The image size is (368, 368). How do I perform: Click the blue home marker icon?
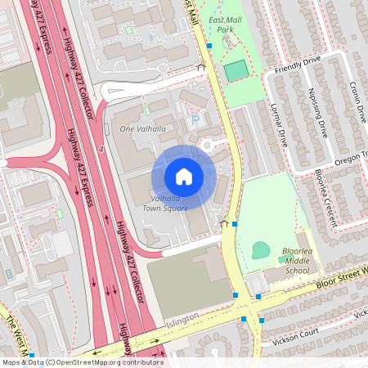pyautogui.click(x=183, y=177)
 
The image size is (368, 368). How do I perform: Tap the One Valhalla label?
pyautogui.click(x=137, y=129)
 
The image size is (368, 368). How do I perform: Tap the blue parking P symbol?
pyautogui.click(x=195, y=120)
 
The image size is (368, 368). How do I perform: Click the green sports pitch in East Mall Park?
pyautogui.click(x=236, y=71)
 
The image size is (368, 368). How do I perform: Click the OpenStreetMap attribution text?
pyautogui.click(x=82, y=361)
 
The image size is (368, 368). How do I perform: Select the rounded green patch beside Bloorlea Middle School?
pyautogui.click(x=261, y=250)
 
